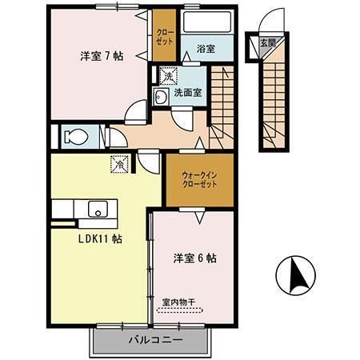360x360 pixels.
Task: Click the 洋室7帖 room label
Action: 101,57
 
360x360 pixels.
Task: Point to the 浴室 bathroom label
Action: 206,49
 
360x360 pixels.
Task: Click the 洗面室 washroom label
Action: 189,93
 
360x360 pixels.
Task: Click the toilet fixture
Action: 72,135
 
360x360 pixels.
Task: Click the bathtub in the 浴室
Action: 207,22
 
